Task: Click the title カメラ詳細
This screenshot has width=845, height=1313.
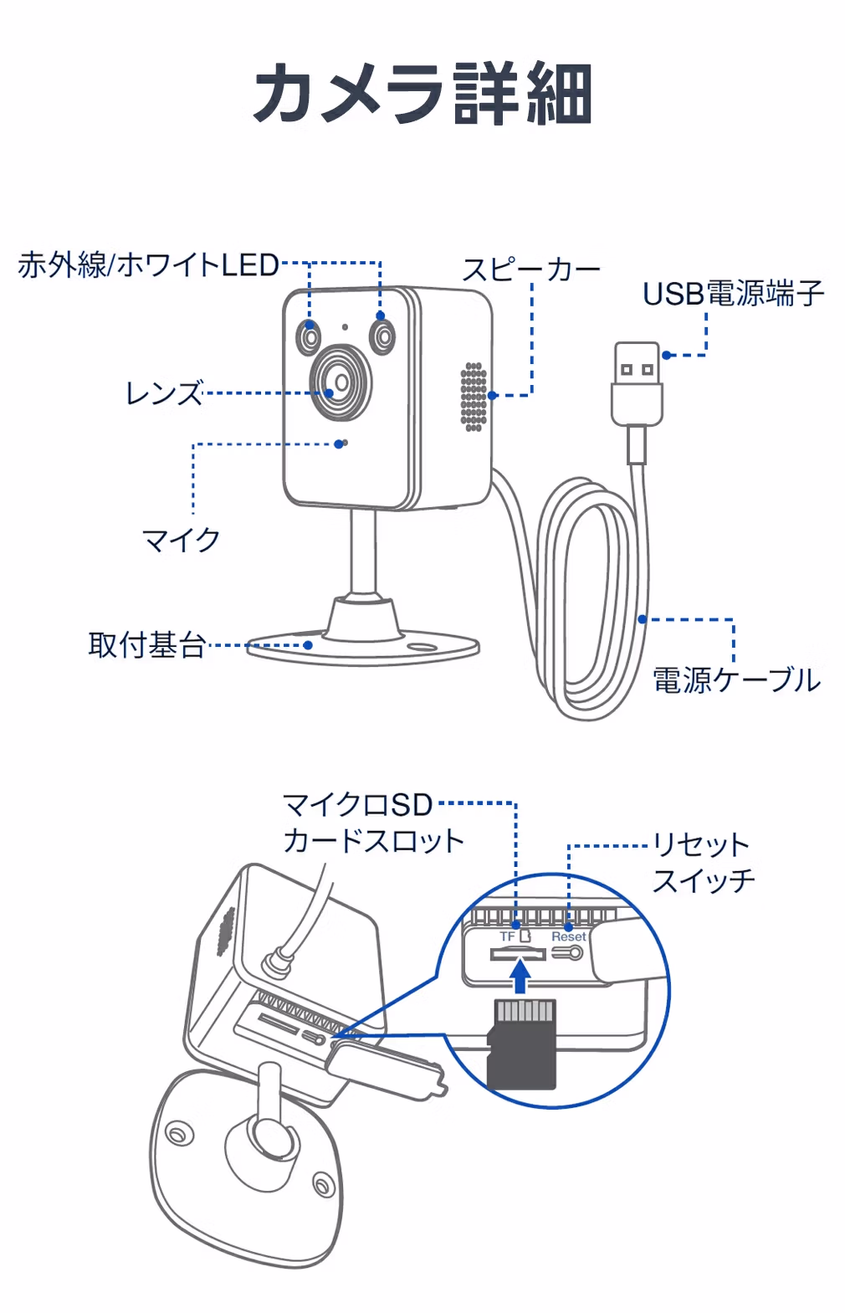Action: click(422, 94)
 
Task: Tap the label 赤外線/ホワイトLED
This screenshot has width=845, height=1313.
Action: click(148, 265)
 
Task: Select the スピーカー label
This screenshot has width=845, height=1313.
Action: click(531, 269)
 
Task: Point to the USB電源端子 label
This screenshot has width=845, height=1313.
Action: click(733, 294)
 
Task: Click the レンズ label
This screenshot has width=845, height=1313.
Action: click(163, 392)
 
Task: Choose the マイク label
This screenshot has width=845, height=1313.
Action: click(181, 540)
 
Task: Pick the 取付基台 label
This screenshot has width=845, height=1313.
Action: click(146, 645)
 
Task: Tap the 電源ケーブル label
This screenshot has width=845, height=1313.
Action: click(736, 680)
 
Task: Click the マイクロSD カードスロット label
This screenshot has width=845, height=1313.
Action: click(372, 823)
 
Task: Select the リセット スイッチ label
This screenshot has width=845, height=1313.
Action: click(703, 862)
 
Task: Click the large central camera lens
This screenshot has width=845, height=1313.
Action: click(341, 383)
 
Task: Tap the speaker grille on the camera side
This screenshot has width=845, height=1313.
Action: click(474, 397)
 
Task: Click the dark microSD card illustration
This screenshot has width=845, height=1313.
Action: click(522, 1046)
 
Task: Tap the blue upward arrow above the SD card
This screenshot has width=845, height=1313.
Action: click(520, 975)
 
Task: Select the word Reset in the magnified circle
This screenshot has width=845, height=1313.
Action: click(568, 936)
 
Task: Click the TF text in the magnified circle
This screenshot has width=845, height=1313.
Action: click(507, 936)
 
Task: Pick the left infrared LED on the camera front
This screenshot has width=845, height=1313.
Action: click(309, 337)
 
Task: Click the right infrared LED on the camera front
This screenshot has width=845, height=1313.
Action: click(383, 336)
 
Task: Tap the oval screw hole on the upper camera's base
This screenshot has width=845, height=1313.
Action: click(422, 647)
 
